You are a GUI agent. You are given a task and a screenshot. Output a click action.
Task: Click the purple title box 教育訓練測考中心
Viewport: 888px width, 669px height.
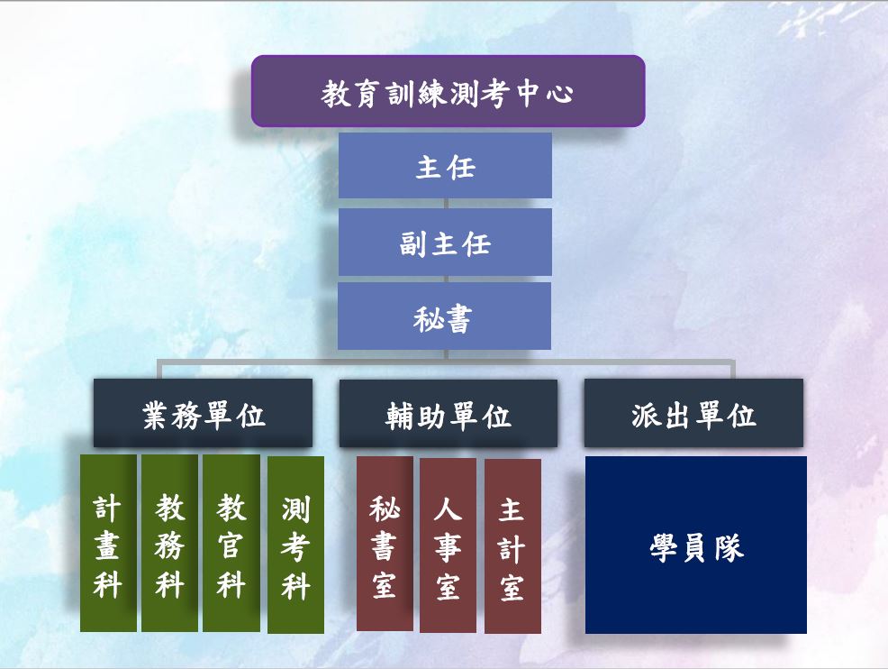coord(448,91)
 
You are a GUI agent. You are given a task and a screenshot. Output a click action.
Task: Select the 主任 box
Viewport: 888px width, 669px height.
coord(445,166)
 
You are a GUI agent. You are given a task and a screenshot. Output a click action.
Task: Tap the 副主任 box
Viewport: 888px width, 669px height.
coord(445,243)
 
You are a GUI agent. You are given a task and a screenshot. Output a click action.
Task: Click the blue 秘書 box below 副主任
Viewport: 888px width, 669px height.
coord(445,316)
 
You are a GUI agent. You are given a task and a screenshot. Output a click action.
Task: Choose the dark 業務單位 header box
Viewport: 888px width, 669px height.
coord(203,413)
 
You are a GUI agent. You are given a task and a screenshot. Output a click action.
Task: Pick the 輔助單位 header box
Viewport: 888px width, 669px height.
coord(449,413)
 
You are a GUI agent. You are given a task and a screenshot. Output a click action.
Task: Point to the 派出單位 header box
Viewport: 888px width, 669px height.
coord(693,413)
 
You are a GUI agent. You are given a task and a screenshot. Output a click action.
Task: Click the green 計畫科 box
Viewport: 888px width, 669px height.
coord(108,543)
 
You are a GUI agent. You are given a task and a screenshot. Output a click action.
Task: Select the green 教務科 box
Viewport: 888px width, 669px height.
coord(169,543)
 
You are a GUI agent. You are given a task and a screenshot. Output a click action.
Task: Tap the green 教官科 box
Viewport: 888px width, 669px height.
coord(231,543)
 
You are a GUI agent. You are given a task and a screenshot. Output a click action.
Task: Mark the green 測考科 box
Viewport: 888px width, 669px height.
coord(295,545)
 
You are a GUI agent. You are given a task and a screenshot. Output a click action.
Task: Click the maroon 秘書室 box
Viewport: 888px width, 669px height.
coord(385,544)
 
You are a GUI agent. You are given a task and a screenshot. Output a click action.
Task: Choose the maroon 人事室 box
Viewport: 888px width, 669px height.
coord(448,545)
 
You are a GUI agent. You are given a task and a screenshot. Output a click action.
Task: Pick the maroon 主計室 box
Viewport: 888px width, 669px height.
coord(512,546)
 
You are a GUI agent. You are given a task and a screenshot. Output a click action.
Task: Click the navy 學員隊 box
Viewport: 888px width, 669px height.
coord(696,545)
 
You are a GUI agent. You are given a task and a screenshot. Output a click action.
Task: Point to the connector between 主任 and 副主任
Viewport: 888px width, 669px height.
coord(447,204)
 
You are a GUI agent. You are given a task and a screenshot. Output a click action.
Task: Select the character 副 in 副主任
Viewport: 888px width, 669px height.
coord(412,243)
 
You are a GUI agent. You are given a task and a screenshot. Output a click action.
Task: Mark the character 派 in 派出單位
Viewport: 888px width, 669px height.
coord(646,416)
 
